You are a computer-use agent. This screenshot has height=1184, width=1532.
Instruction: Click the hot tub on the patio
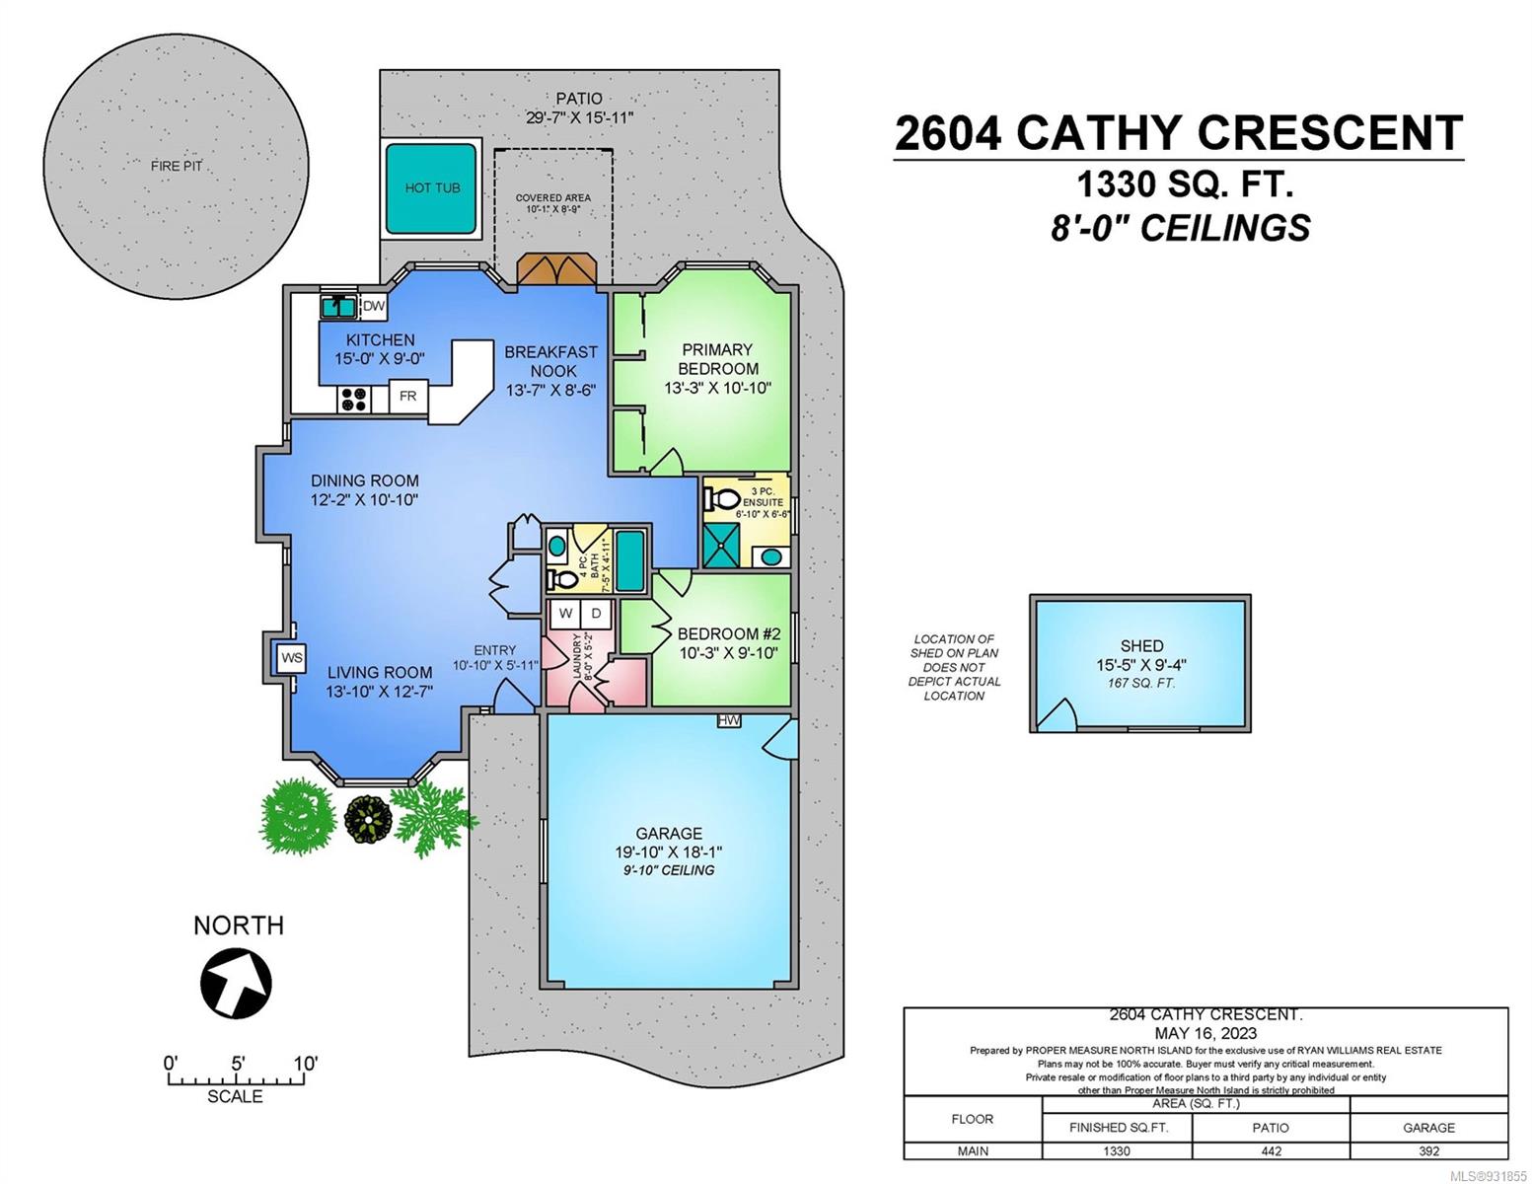click(x=431, y=187)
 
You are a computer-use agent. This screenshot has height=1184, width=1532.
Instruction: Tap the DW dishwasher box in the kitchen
click(x=373, y=306)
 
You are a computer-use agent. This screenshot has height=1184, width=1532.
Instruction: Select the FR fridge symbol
click(x=407, y=397)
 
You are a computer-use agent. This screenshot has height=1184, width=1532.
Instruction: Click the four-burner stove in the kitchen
click(x=354, y=400)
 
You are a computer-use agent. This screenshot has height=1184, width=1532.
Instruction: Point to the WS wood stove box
click(x=291, y=658)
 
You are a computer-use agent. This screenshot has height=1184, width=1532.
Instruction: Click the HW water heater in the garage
click(x=728, y=720)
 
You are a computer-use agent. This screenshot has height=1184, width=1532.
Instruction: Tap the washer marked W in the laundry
click(x=565, y=614)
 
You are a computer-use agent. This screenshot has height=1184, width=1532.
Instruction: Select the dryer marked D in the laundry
click(x=597, y=614)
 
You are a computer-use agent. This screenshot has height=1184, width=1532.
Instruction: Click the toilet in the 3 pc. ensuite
click(x=721, y=499)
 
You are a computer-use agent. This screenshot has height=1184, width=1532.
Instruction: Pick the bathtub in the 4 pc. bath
click(x=629, y=560)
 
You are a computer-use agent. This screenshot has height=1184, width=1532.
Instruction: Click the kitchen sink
click(x=339, y=307)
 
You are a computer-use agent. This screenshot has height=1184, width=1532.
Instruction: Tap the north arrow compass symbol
click(x=236, y=984)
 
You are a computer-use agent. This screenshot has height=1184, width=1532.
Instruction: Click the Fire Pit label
click(x=177, y=167)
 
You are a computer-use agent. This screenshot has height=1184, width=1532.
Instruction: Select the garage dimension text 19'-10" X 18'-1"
click(x=668, y=851)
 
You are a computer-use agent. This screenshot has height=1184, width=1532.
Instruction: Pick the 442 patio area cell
click(x=1272, y=1150)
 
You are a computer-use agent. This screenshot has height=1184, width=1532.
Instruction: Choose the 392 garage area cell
click(x=1429, y=1150)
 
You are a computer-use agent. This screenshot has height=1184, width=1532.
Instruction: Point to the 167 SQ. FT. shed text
click(x=1140, y=683)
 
